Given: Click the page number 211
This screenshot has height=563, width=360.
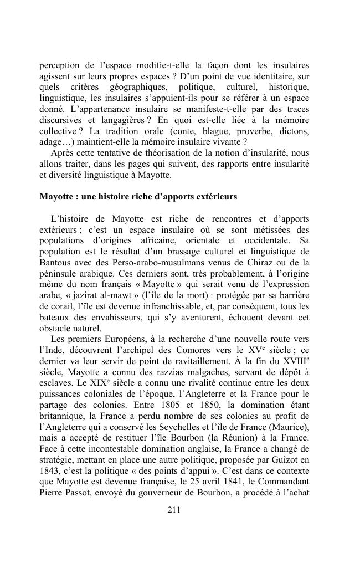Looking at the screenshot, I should coord(174,510).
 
